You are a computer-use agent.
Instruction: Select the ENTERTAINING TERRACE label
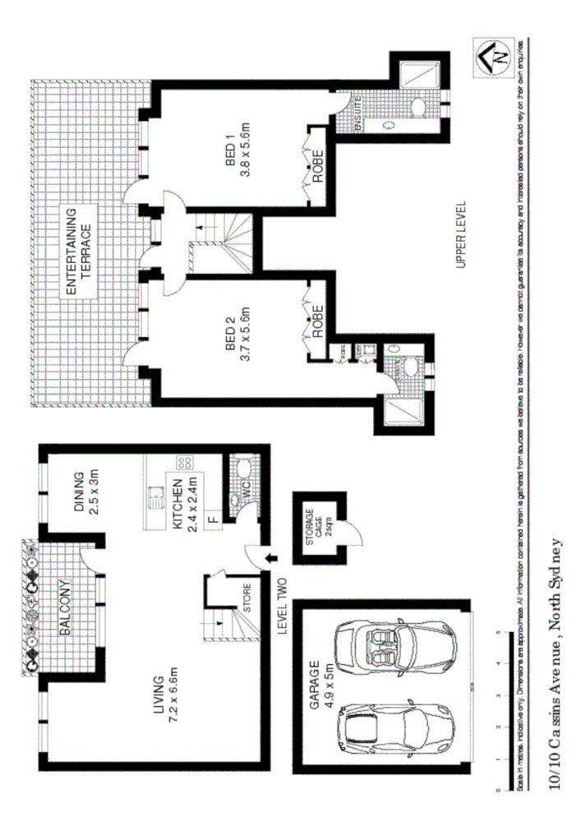79,252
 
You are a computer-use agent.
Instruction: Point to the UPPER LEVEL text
460,234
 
